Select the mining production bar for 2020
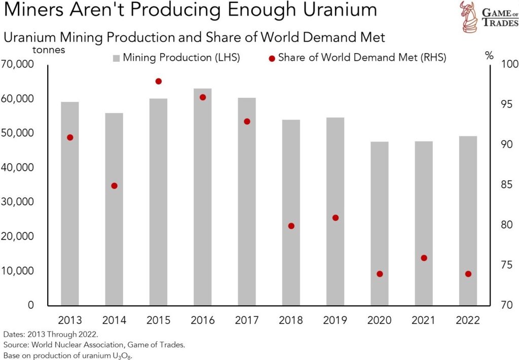(x=380, y=223)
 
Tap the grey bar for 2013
(x=70, y=203)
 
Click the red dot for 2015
(x=158, y=81)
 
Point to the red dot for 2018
(x=291, y=226)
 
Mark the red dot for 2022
(x=468, y=274)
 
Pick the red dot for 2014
(x=114, y=186)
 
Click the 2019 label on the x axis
(x=335, y=320)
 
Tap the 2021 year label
(x=424, y=320)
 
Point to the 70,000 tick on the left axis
(x=18, y=64)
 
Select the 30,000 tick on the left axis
(x=18, y=202)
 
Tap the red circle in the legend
(x=272, y=58)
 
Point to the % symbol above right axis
(x=489, y=56)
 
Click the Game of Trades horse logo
(x=468, y=16)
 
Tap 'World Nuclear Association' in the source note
(x=75, y=345)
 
